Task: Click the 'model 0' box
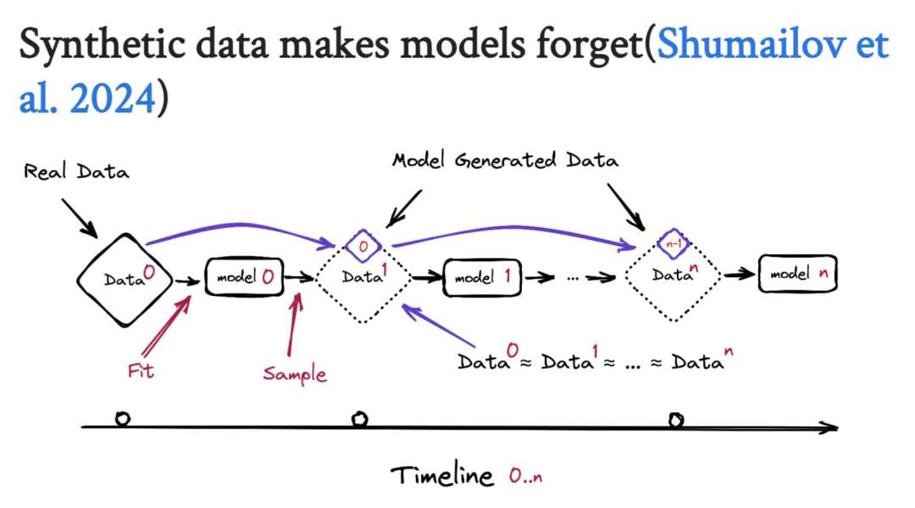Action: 243,276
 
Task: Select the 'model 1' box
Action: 480,276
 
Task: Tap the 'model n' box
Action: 797,274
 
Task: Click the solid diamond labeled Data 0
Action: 125,277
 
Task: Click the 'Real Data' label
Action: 76,172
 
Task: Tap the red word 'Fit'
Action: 140,371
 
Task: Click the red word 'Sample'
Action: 294,373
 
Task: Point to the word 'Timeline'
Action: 442,476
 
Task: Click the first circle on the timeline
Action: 122,418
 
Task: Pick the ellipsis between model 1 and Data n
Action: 573,276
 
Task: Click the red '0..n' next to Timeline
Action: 525,477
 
